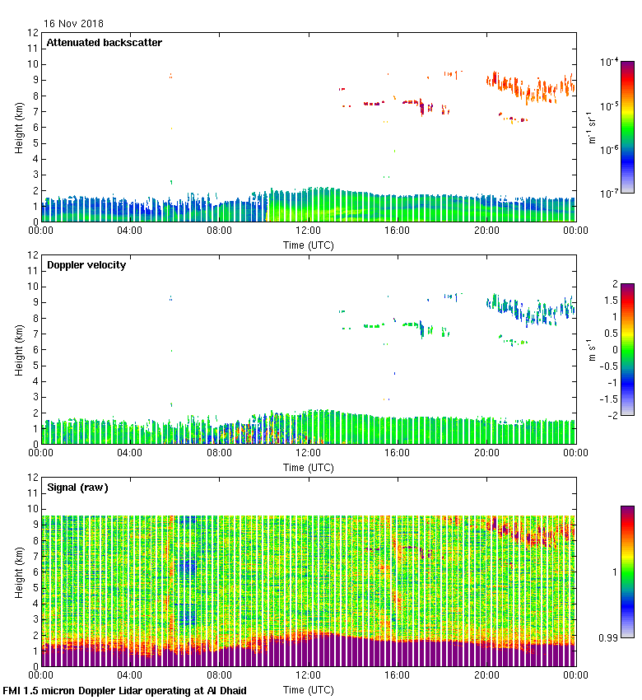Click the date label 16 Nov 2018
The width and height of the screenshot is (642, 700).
pos(74,24)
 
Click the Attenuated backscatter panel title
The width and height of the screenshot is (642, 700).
pos(104,43)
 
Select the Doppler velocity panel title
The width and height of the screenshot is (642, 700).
pos(86,265)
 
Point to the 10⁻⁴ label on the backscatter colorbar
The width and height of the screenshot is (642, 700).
pos(610,63)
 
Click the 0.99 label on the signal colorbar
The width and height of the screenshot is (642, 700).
pos(610,637)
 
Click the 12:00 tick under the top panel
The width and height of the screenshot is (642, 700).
pos(308,231)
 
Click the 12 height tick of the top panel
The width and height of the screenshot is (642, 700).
pos(33,33)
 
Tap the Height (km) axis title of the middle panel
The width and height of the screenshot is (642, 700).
pos(19,350)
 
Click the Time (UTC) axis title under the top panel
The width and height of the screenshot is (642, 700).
pos(308,245)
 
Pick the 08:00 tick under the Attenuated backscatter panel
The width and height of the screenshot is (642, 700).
pos(219,231)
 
